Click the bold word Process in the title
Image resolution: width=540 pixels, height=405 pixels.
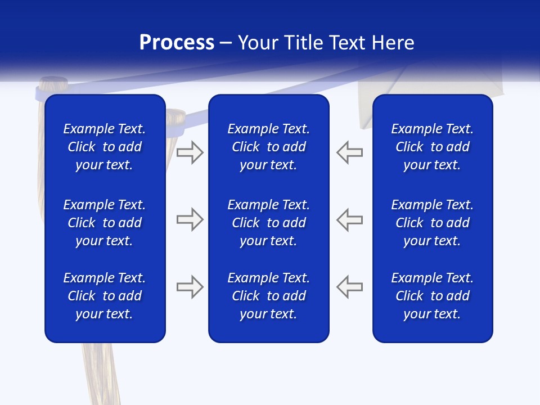click(177, 43)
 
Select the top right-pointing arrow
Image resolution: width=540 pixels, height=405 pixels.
click(190, 152)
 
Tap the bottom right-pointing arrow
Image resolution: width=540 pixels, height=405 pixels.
click(190, 286)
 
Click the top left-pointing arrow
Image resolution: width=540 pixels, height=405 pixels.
click(349, 152)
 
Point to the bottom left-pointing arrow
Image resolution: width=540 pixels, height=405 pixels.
click(349, 286)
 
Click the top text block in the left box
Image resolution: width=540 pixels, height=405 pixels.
click(105, 147)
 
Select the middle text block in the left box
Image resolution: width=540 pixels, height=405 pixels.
click(105, 223)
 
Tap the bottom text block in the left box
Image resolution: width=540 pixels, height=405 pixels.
click(105, 296)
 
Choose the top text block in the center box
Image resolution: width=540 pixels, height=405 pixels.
click(268, 147)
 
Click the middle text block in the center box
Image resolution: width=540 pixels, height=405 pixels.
click(268, 223)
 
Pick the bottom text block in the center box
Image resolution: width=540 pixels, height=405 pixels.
click(268, 296)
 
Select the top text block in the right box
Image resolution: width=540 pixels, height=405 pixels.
click(432, 147)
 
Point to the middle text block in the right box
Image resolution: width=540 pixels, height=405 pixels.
click(432, 223)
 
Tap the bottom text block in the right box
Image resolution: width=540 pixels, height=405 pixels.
click(432, 296)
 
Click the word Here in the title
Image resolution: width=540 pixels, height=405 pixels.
click(394, 43)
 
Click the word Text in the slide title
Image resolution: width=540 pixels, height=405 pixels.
click(349, 43)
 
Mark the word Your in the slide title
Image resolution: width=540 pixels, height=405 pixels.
click(257, 43)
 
